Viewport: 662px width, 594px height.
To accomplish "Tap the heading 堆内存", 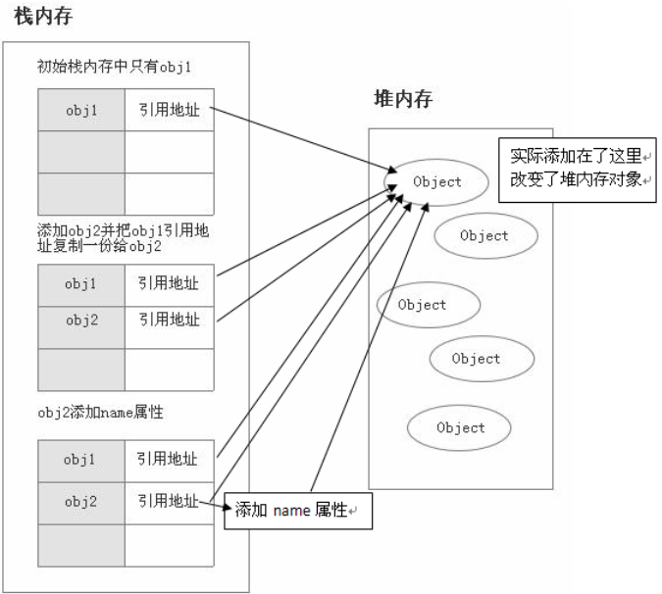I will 403,99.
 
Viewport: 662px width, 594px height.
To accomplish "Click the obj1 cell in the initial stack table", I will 81,110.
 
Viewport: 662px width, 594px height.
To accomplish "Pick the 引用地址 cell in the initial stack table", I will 169,110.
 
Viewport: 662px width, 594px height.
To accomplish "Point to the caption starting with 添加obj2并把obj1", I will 124,238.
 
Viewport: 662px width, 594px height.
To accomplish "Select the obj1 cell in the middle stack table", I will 81,284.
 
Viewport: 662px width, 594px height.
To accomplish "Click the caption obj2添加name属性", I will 100,413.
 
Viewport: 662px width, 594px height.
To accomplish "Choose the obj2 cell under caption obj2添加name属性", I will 81,502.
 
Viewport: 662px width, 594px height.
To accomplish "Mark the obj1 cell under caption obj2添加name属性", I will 81,459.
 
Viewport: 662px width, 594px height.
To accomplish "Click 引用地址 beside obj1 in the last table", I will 169,459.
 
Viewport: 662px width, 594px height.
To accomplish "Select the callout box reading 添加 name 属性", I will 298,511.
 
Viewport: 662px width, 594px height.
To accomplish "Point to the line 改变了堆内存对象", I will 577,180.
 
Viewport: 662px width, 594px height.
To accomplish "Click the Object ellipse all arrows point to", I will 437,181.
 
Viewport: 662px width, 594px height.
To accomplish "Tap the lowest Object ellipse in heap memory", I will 461,427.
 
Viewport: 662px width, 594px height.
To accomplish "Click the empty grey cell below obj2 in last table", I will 81,545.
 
